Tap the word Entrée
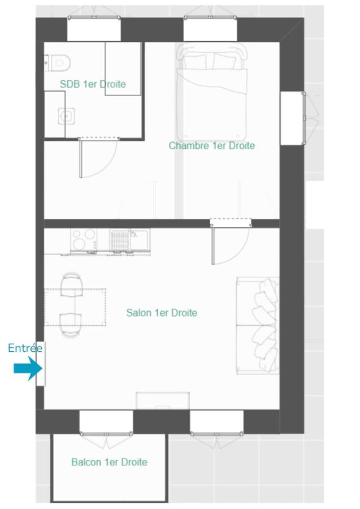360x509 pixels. (x=25, y=348)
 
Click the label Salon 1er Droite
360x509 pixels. (x=162, y=313)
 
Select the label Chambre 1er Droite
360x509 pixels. (x=212, y=145)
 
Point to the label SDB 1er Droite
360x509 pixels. (x=93, y=84)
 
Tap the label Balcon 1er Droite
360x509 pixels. (x=109, y=462)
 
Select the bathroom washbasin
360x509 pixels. (x=67, y=116)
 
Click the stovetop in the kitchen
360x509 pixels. (x=84, y=240)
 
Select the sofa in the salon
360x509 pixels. (x=258, y=326)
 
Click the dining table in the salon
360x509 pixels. (x=75, y=307)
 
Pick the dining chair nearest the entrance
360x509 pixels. (x=71, y=325)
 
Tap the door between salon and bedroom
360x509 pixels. (x=229, y=242)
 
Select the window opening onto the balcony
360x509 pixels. (x=106, y=422)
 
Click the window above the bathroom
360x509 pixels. (x=94, y=29)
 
